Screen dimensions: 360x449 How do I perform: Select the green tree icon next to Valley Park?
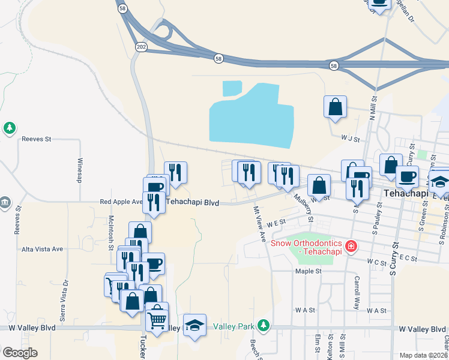tap(262, 326)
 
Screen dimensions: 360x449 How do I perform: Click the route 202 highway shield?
tap(140, 47)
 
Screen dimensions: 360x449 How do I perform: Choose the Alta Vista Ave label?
tap(42, 248)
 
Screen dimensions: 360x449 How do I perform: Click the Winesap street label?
tap(79, 171)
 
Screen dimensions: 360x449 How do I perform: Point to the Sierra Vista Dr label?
tap(66, 293)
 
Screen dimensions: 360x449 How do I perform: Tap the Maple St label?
tap(309, 271)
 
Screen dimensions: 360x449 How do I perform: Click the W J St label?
tap(349, 139)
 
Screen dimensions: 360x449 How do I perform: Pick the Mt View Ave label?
tap(259, 224)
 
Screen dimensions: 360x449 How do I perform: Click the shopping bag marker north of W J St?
tap(335, 107)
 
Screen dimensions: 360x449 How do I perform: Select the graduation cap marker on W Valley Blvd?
tap(194, 325)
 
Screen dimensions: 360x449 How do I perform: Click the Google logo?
tap(20, 353)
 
